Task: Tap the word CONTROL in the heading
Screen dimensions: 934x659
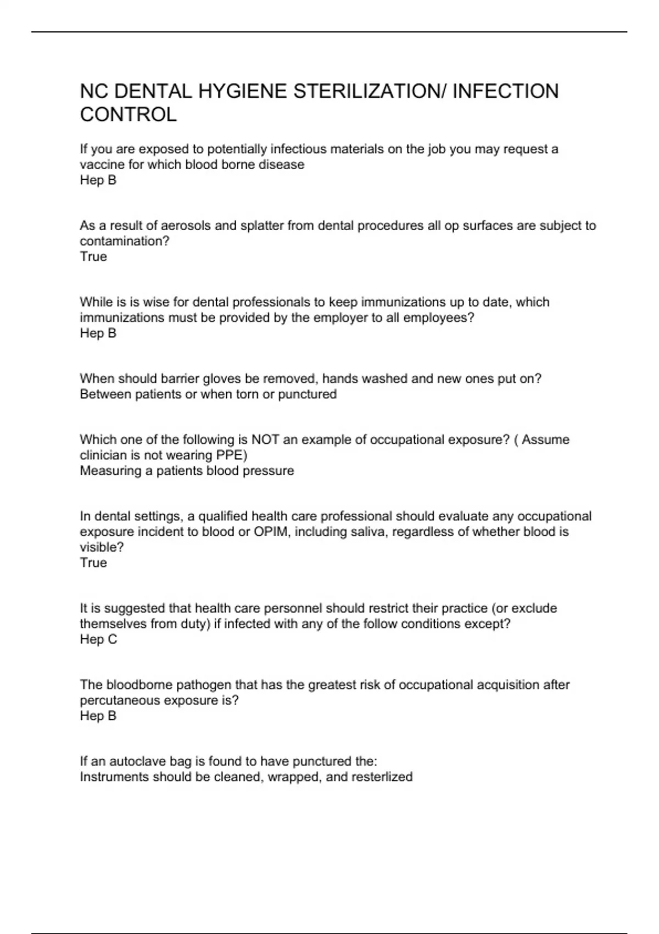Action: pyautogui.click(x=129, y=115)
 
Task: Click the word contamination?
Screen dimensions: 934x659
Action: pyautogui.click(x=125, y=241)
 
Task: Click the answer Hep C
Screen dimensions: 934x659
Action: pyautogui.click(x=98, y=639)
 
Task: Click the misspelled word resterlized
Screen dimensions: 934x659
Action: pyautogui.click(x=382, y=777)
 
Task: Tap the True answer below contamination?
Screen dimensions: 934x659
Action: pyautogui.click(x=93, y=257)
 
